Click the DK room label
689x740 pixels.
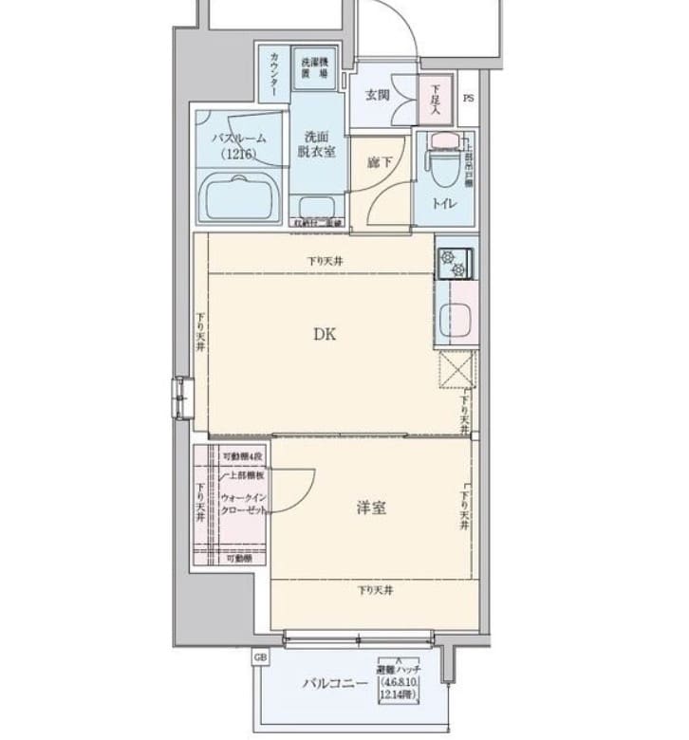coord(325,333)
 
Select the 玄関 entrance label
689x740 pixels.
coord(377,94)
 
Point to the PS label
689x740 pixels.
coord(468,99)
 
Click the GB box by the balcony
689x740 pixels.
coord(259,657)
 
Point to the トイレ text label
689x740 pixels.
coord(444,203)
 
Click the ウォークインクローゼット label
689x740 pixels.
coord(245,503)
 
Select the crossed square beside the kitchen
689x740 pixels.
coord(455,369)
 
